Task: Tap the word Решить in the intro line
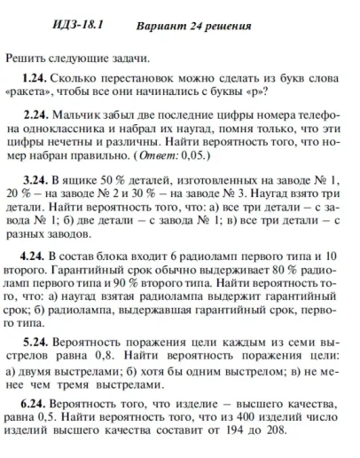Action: point(25,58)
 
